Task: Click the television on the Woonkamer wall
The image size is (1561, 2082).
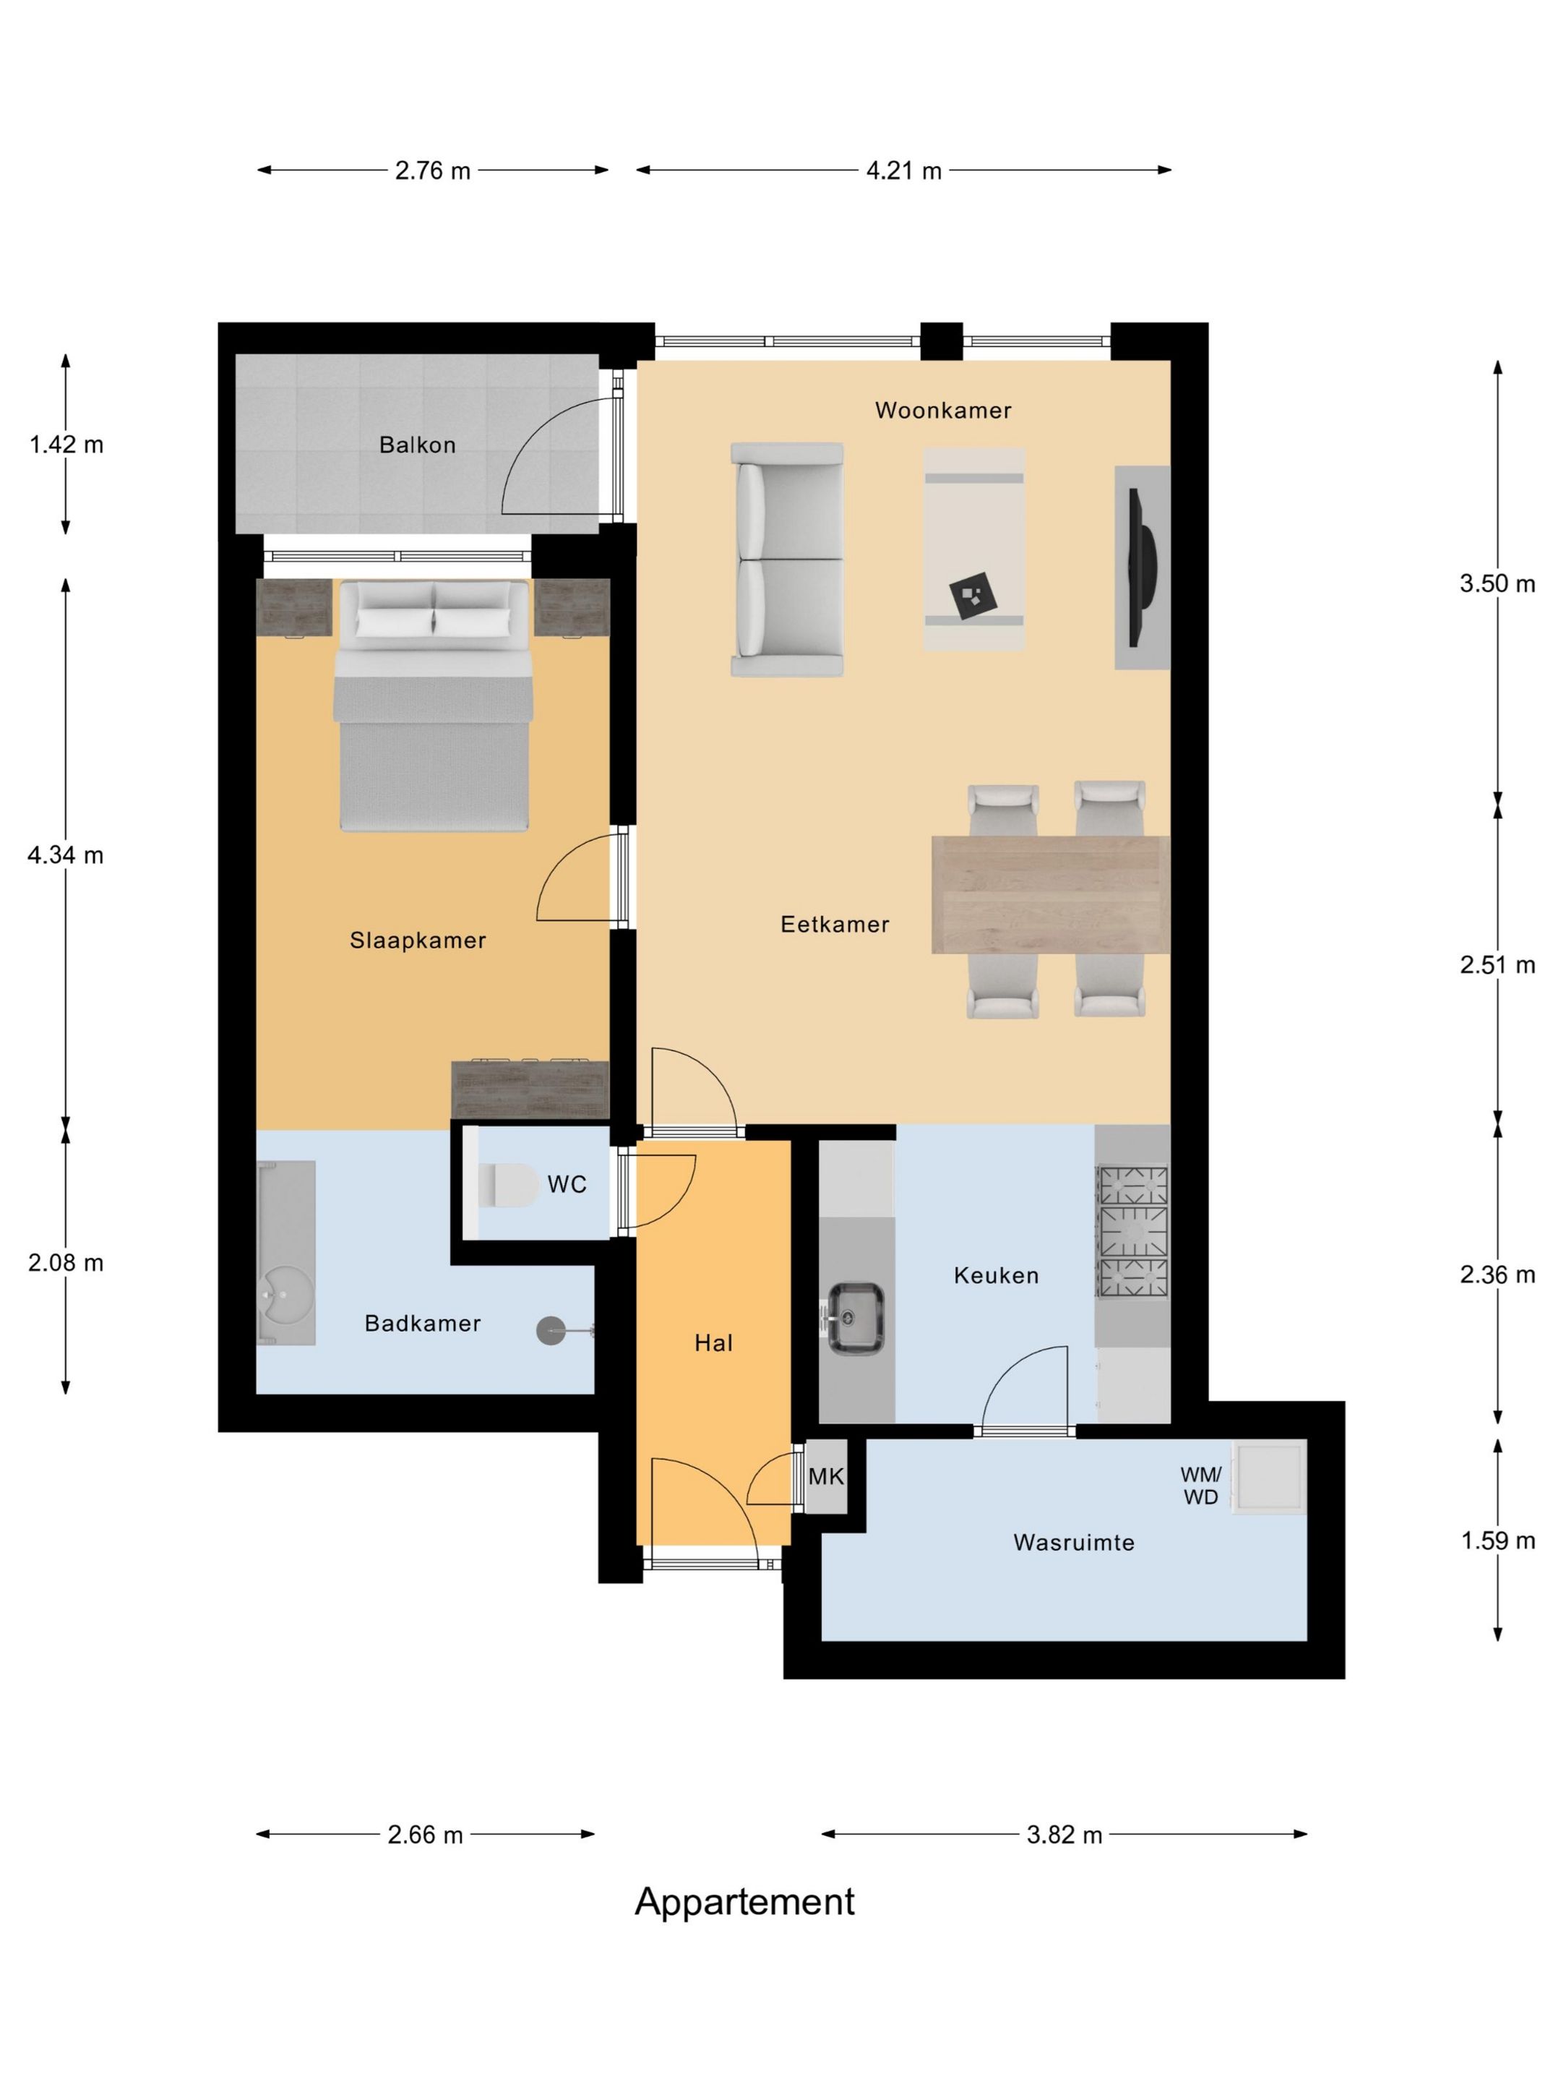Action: pos(1144,567)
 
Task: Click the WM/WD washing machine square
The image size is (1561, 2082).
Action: pos(1269,1476)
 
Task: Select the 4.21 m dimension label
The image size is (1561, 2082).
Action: pos(903,171)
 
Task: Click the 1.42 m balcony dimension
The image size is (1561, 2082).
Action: pos(66,445)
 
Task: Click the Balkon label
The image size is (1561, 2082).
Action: pos(417,445)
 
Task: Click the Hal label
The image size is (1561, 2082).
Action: pos(713,1343)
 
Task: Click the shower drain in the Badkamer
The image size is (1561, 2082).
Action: pos(551,1330)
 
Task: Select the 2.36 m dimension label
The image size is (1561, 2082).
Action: pos(1497,1275)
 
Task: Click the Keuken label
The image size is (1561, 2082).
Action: pos(996,1275)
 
